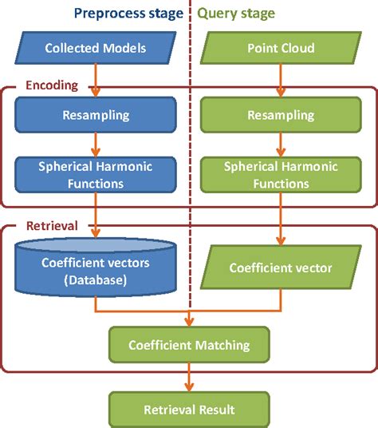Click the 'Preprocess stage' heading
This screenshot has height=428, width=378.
click(x=128, y=13)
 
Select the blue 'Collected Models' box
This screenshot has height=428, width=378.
click(x=96, y=48)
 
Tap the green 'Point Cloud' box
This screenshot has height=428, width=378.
click(x=279, y=48)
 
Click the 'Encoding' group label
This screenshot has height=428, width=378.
click(x=51, y=84)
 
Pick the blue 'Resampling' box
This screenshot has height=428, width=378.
click(x=96, y=115)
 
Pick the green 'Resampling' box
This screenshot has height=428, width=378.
click(x=279, y=115)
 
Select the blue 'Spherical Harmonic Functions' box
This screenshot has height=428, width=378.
click(x=96, y=175)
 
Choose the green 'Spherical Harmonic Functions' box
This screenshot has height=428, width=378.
click(x=279, y=176)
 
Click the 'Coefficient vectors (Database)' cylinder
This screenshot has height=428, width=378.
click(x=96, y=267)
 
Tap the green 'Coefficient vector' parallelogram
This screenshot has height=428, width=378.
click(x=279, y=267)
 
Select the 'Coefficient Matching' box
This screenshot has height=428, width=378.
click(x=189, y=345)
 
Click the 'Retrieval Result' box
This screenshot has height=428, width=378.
click(x=189, y=409)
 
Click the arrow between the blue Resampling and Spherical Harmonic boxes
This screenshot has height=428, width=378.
click(x=96, y=144)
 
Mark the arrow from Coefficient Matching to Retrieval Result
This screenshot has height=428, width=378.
click(x=189, y=377)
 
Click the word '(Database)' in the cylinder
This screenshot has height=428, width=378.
click(x=96, y=280)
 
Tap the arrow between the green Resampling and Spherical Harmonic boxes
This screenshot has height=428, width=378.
click(x=279, y=145)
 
